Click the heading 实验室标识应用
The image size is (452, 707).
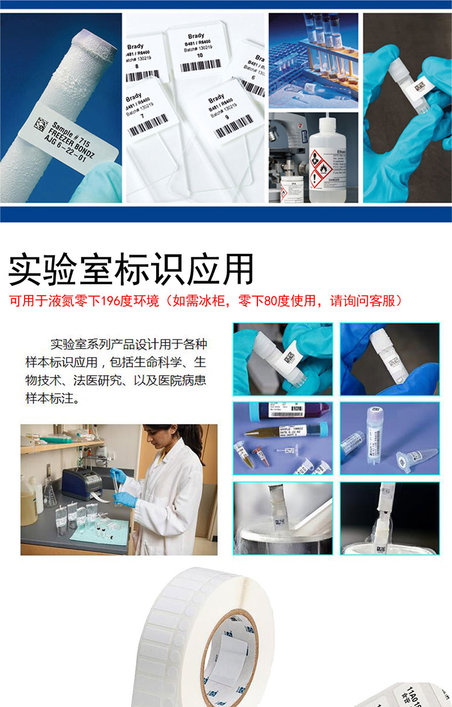[131, 269]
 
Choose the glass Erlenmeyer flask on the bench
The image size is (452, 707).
[49, 492]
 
